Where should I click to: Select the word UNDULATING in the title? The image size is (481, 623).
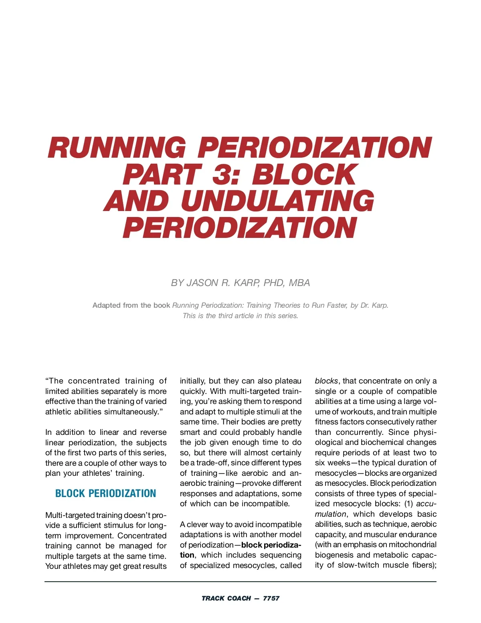[x=277, y=201]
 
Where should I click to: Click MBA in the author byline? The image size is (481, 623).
[x=299, y=283]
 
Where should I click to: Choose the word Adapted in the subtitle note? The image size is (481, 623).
[x=106, y=305]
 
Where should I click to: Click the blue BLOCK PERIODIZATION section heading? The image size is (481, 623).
[x=105, y=493]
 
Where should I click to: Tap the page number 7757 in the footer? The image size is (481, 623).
[x=271, y=598]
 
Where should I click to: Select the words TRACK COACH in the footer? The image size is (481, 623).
[x=226, y=598]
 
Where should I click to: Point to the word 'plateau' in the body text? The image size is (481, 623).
[x=288, y=381]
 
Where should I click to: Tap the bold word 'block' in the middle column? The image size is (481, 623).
[x=252, y=545]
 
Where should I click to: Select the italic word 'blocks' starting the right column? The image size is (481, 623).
[x=326, y=381]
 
